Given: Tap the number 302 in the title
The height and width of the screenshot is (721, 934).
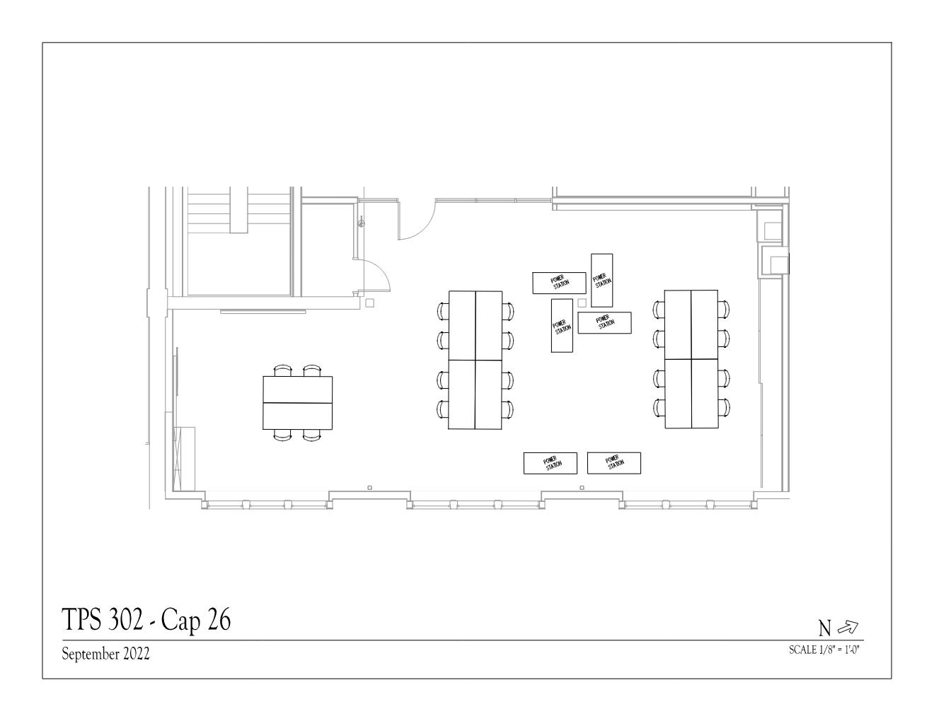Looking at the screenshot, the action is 125,619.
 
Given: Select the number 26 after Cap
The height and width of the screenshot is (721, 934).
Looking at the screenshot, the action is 219,619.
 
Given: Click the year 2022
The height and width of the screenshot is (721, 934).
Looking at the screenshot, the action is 137,654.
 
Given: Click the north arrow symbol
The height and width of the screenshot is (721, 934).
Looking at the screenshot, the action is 848,628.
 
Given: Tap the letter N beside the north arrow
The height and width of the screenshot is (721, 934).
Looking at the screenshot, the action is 825,629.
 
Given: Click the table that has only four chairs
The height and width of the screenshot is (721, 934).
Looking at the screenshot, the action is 297,403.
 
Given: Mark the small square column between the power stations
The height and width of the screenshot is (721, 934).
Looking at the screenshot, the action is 582,303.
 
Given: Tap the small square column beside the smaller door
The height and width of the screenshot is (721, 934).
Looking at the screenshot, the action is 369,303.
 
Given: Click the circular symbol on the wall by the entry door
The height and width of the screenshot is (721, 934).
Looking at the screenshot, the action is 362,223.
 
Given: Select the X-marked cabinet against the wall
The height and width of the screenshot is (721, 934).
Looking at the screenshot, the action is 183,458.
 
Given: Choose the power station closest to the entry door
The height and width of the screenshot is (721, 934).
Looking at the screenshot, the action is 559,283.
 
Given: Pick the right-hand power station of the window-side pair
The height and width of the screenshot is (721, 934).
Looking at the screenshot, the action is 613,463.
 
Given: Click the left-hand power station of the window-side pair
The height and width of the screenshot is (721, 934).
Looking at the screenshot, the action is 550,463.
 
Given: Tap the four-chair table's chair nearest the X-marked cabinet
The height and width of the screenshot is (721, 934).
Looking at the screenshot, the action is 283,435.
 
